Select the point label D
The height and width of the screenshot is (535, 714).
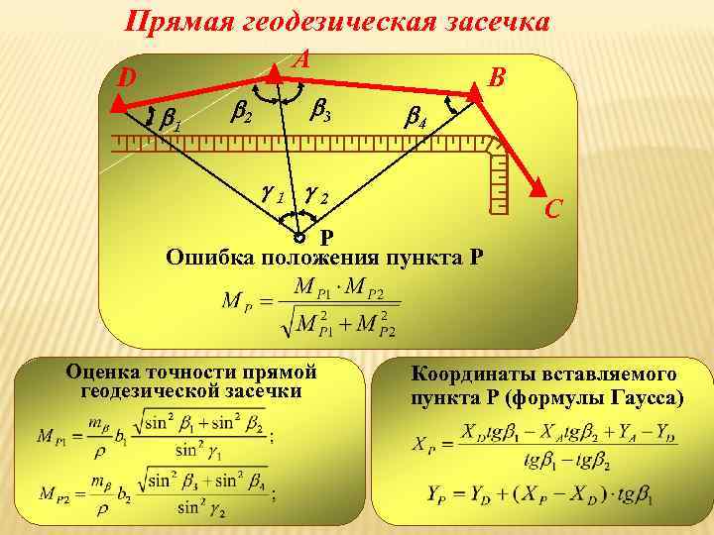[126, 78]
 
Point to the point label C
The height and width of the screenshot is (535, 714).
[553, 208]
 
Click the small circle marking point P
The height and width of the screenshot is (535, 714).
[299, 239]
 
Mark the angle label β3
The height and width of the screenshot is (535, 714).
[319, 112]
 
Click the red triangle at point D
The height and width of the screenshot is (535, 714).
[116, 102]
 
